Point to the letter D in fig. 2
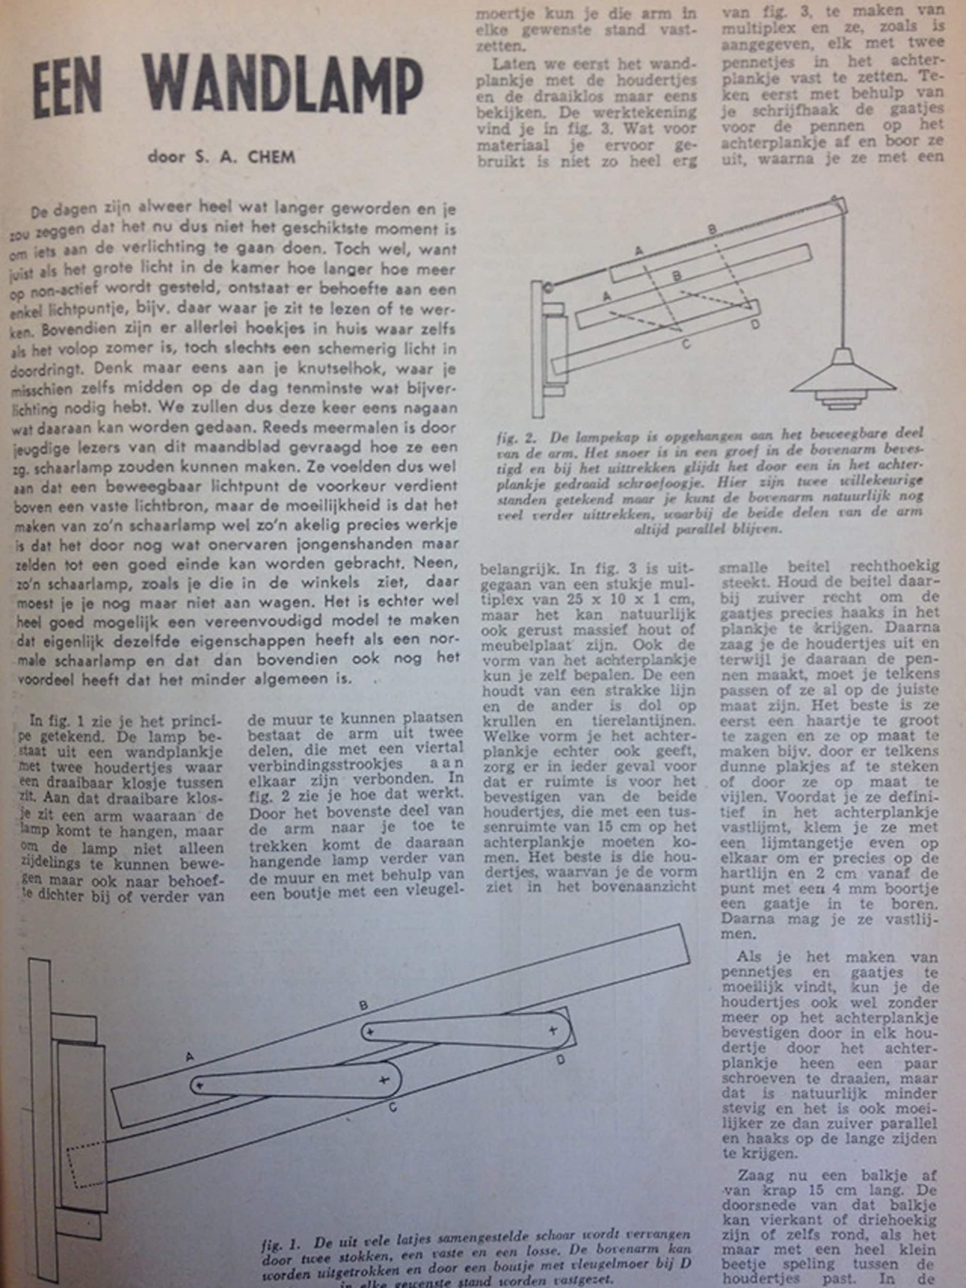click(755, 324)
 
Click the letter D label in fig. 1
click(560, 1060)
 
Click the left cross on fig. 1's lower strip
click(200, 1085)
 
